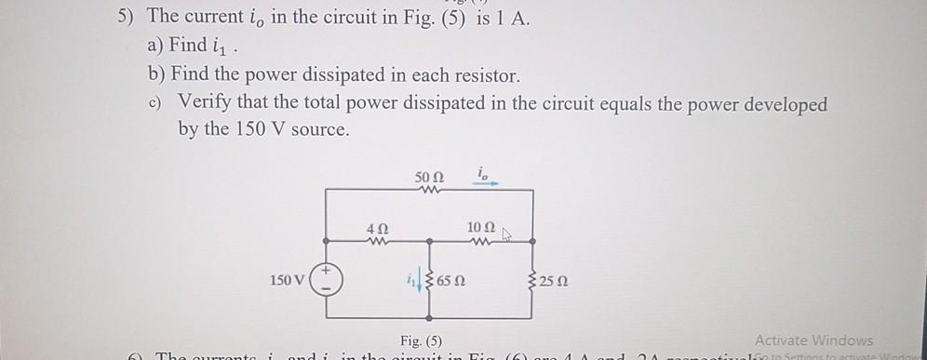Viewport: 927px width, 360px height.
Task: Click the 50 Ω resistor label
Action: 429,177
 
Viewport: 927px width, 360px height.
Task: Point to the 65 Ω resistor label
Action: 451,279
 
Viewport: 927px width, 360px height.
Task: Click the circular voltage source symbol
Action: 326,279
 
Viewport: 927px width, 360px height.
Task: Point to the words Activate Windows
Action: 813,340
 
